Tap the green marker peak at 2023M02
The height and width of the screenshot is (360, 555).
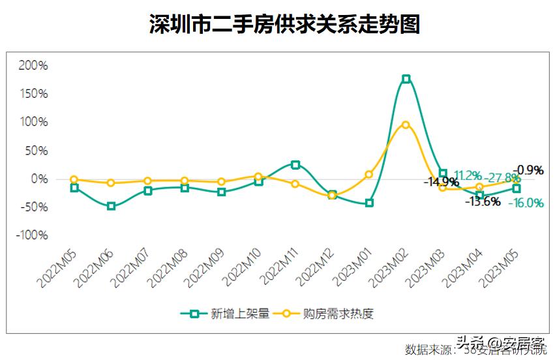(406, 79)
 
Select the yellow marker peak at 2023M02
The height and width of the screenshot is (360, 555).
(406, 125)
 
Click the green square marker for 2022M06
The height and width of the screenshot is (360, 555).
(111, 206)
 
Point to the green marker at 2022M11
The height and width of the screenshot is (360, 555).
(295, 165)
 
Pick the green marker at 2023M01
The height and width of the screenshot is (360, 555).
(369, 203)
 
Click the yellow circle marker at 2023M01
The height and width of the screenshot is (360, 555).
(369, 174)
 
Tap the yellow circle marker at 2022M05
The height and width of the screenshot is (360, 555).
(74, 179)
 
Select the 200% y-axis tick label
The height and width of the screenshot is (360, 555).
(33, 65)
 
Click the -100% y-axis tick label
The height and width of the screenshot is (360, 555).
(31, 235)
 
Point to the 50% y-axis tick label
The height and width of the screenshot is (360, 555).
(35, 151)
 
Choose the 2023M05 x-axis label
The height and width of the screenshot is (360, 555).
(500, 268)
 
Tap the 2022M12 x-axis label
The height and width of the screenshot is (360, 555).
(316, 268)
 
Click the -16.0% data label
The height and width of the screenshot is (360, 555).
(526, 203)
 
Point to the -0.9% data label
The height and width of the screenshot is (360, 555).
(530, 170)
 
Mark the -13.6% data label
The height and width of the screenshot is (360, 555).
(483, 202)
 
